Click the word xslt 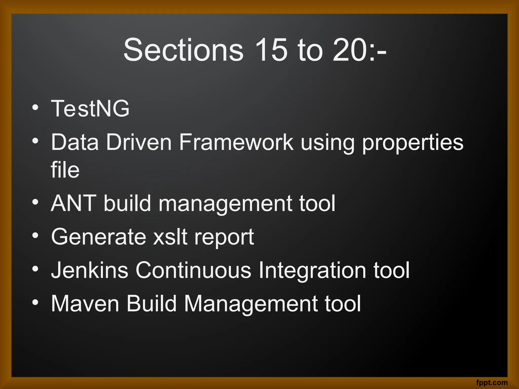pos(170,237)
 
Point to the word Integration pos(312,270)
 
